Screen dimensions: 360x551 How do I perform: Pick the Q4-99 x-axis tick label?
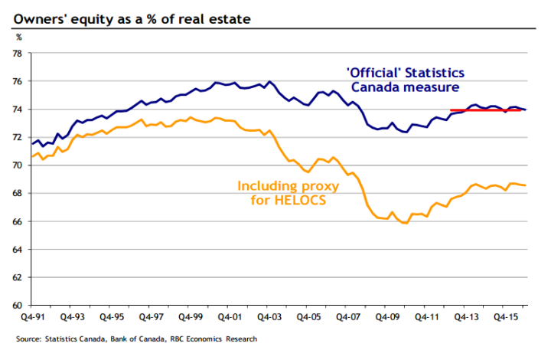189,316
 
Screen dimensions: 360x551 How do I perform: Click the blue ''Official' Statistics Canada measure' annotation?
405,80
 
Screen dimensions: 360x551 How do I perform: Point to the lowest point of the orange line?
405,223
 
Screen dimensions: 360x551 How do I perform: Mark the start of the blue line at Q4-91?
31,144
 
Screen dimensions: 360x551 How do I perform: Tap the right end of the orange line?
524,185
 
